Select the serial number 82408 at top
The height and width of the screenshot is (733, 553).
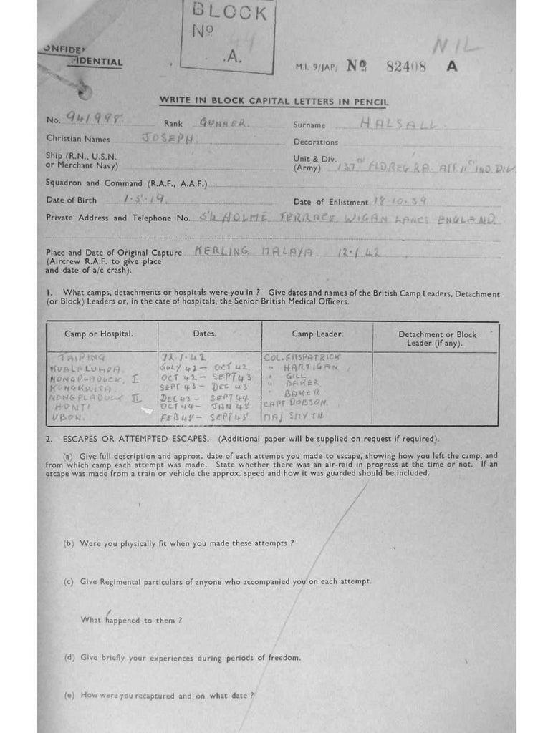point(406,67)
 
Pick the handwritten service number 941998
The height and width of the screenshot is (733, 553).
point(95,120)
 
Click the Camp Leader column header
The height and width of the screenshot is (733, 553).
point(317,334)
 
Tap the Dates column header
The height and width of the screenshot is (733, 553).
point(205,334)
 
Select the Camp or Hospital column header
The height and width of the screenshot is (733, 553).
point(99,334)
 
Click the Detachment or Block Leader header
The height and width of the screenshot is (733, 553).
point(437,339)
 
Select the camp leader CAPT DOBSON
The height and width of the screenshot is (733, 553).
point(295,403)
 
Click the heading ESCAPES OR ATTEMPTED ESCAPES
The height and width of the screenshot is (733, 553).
point(135,439)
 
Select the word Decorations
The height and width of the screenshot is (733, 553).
point(315,142)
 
